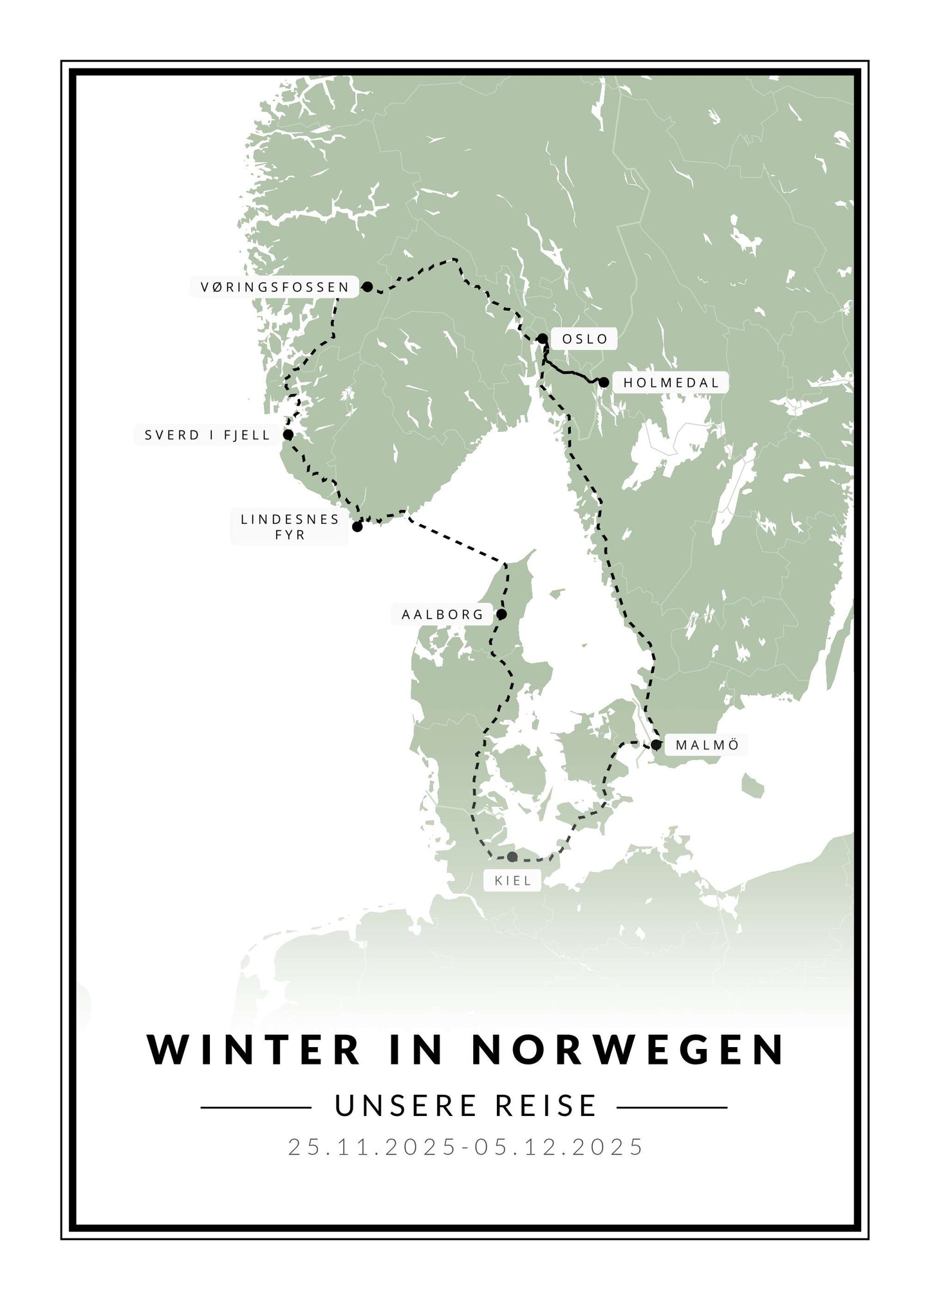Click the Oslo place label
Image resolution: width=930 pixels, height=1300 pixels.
click(x=584, y=339)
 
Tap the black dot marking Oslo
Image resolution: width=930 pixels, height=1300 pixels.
click(x=543, y=339)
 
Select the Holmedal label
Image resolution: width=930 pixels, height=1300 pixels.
click(x=671, y=383)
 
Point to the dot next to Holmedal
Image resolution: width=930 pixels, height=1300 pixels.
click(x=604, y=382)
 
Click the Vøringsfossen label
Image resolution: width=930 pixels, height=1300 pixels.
click(x=275, y=287)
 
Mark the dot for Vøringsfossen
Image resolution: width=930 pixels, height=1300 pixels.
click(x=367, y=287)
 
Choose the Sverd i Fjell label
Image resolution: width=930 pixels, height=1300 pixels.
click(x=207, y=435)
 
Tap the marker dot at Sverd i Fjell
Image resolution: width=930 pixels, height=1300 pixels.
click(x=288, y=435)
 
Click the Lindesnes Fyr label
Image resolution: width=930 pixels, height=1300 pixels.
click(x=290, y=526)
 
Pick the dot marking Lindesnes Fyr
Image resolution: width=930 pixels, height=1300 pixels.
click(x=357, y=526)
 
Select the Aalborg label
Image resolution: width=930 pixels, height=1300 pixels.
click(x=442, y=615)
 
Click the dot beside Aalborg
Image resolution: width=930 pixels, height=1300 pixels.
click(x=501, y=615)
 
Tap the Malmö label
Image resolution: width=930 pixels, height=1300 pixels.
click(x=707, y=745)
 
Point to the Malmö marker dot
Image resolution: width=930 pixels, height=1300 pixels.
click(x=656, y=745)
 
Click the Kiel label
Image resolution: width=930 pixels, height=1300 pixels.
click(x=513, y=880)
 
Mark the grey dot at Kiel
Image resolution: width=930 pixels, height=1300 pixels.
click(x=512, y=857)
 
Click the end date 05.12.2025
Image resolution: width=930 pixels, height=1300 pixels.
click(x=559, y=1146)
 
